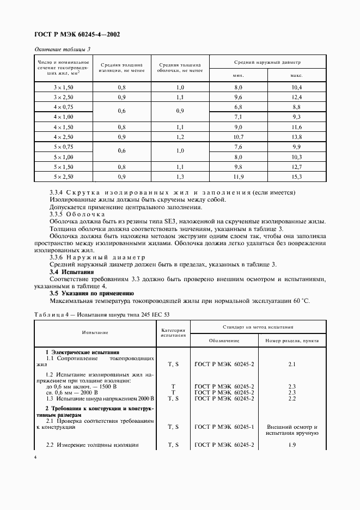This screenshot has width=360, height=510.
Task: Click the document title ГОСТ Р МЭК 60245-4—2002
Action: click(x=77, y=34)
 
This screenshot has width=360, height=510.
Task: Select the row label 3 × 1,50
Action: click(x=63, y=87)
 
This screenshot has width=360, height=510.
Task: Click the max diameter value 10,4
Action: click(x=296, y=87)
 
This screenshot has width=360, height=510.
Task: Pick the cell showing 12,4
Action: click(x=296, y=97)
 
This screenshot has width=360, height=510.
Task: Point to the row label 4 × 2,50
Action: click(x=63, y=137)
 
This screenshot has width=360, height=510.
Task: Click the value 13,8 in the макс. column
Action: click(x=296, y=137)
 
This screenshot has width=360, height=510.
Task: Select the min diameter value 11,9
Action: click(x=238, y=177)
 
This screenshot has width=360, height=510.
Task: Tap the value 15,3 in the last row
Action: click(x=296, y=177)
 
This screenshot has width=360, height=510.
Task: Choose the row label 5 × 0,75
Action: click(x=63, y=147)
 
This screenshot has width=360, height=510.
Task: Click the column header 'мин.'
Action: click(x=238, y=75)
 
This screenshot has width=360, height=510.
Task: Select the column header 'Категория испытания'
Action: click(x=174, y=333)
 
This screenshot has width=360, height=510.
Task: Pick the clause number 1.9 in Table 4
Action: click(x=291, y=445)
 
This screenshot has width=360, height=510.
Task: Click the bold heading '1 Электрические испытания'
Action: click(x=82, y=352)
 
